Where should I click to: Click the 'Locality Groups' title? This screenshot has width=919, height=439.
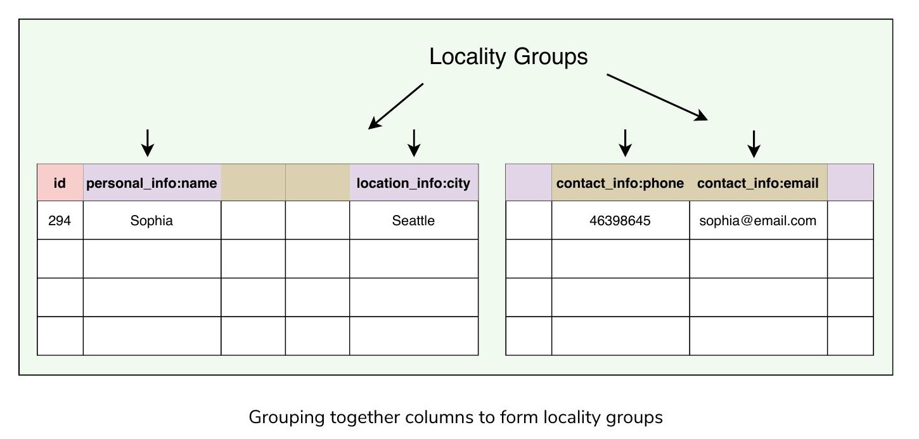(508, 56)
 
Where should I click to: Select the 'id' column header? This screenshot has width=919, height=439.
(60, 183)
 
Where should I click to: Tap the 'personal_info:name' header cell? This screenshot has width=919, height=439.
(152, 183)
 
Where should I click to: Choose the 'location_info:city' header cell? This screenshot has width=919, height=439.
(413, 183)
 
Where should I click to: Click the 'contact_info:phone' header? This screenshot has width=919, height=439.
(620, 183)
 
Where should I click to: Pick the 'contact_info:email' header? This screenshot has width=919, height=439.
(758, 183)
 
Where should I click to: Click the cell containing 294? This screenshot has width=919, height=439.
(60, 221)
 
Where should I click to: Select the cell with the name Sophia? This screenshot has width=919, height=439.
(152, 221)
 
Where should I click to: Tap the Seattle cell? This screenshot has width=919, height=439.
(413, 221)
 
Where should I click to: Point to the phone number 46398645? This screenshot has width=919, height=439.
(620, 221)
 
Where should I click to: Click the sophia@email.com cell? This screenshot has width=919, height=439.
(758, 221)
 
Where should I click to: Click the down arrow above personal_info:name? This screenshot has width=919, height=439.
(147, 143)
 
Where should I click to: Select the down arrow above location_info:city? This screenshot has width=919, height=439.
(414, 143)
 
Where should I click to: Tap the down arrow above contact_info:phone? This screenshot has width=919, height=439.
(625, 143)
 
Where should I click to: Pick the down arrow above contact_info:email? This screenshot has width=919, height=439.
(754, 144)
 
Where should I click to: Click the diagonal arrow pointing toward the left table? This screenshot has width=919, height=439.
(395, 107)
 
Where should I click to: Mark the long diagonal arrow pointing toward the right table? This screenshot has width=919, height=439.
(657, 97)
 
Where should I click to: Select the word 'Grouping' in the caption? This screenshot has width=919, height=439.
(286, 417)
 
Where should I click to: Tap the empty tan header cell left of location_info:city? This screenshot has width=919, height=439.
(318, 183)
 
